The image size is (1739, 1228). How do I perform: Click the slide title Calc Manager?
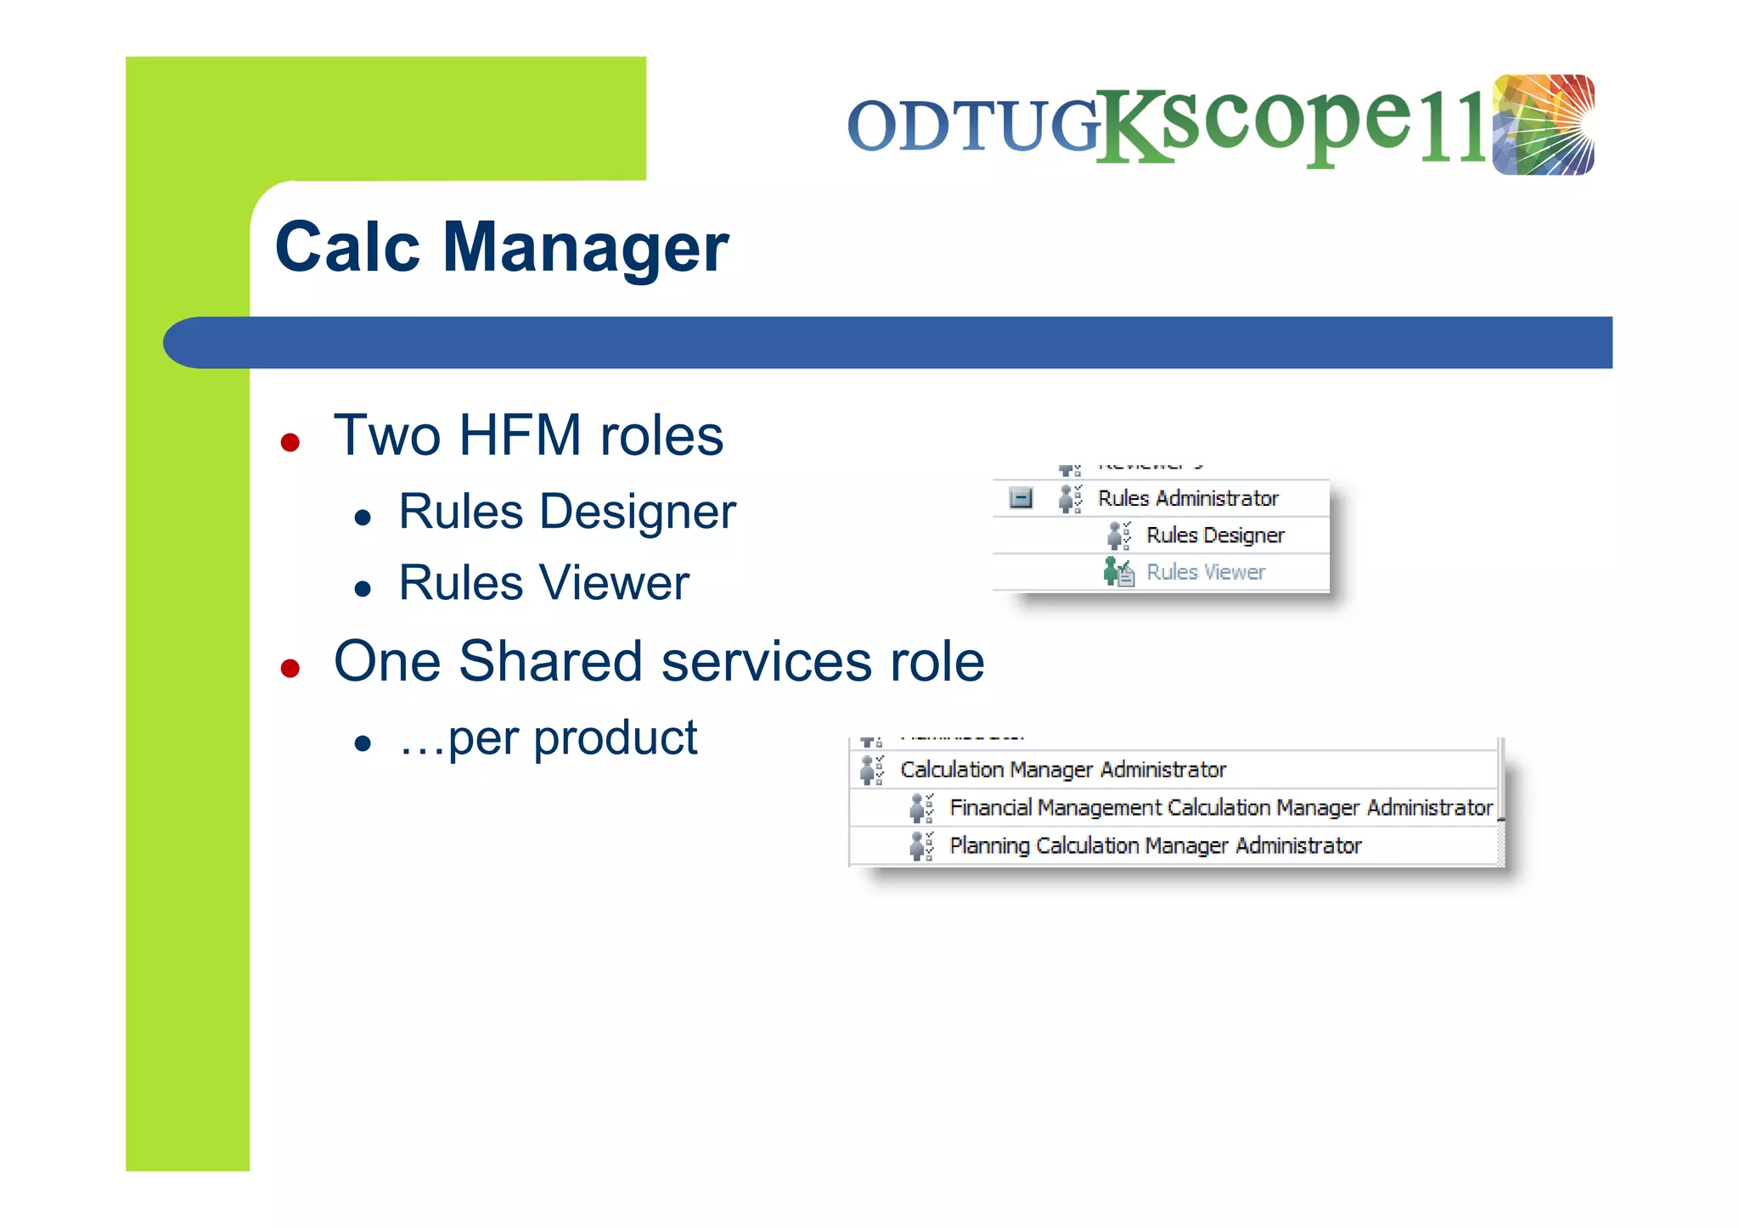pos(501,247)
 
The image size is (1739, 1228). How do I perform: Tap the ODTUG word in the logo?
pos(973,126)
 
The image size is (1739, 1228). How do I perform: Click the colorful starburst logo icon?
pos(1543,125)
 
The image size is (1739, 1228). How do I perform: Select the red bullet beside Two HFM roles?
pos(290,442)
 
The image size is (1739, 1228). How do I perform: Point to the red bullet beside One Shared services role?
pos(290,668)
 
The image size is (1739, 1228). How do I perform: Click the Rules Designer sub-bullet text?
pos(566,512)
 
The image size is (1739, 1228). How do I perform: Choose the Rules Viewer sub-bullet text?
pos(543,583)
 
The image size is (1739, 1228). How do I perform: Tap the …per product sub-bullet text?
pos(549,737)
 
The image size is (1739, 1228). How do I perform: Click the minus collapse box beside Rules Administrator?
pos(1021,498)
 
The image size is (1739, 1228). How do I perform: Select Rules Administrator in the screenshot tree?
pos(1187,498)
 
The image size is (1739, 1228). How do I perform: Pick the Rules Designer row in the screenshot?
pos(1214,535)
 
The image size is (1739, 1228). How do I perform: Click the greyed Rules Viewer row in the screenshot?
pos(1205,573)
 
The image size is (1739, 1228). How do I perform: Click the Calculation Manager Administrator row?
pos(1062,770)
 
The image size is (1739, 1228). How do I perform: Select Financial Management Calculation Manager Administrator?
pos(1220,807)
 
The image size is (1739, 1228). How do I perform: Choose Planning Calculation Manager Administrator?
pos(1155,845)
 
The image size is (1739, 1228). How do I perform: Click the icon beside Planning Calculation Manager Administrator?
pos(920,845)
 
